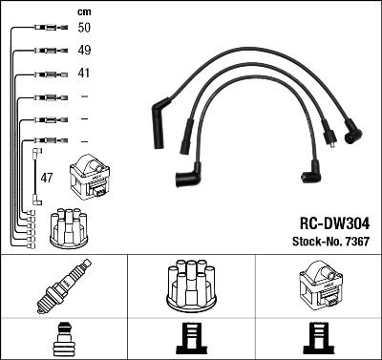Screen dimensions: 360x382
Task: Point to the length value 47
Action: pos(47,178)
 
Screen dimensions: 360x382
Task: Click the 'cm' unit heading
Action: pos(83,11)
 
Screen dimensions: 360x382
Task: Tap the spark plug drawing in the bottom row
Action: pos(63,286)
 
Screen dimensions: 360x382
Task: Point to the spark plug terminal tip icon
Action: pos(63,338)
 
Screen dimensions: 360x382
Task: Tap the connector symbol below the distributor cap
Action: pos(191,338)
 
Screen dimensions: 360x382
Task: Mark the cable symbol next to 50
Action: pos(48,29)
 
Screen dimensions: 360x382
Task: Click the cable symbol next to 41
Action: pos(48,74)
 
